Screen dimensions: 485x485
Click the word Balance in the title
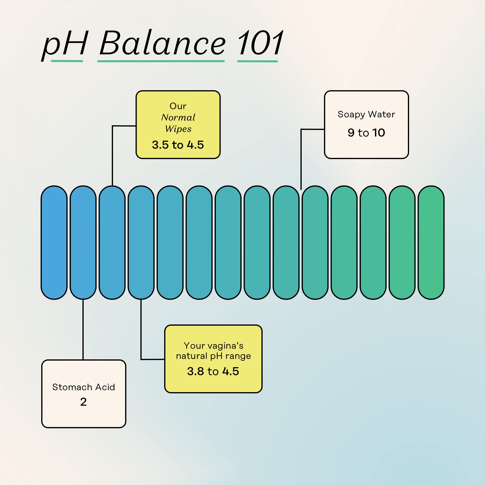(163, 43)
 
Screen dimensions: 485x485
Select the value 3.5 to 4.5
(178, 145)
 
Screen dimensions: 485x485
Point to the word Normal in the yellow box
(178, 117)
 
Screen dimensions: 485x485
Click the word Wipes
(178, 129)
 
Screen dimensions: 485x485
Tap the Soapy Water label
(366, 114)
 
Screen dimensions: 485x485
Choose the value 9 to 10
(366, 133)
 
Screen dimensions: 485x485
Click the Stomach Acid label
(84, 387)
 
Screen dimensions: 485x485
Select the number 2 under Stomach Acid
(83, 402)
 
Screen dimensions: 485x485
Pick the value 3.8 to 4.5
(213, 371)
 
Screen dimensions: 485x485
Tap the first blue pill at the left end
(54, 242)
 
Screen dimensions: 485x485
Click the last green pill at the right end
(431, 242)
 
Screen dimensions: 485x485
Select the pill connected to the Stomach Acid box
(83, 242)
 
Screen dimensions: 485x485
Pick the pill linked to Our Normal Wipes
(112, 242)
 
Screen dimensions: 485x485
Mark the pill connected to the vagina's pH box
(141, 242)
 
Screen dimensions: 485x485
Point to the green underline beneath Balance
(161, 61)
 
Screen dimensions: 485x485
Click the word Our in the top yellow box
(178, 106)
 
